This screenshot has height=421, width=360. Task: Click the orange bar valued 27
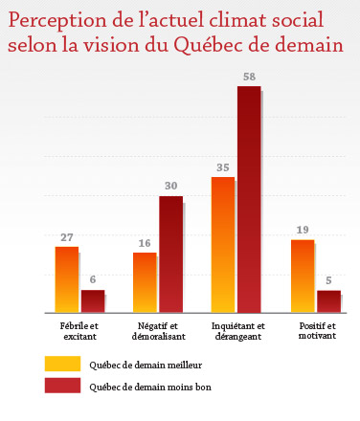tap(66, 279)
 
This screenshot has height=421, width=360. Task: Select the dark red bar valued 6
tap(92, 300)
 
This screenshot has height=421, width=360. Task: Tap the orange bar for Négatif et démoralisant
tap(145, 282)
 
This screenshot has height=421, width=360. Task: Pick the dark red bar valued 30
tap(170, 254)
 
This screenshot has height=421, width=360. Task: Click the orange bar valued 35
tap(223, 245)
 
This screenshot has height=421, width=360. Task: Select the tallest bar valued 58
tap(249, 199)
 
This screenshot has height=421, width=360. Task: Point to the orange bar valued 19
tap(302, 276)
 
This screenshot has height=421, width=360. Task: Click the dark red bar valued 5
tap(328, 301)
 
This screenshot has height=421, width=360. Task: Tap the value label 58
tap(249, 75)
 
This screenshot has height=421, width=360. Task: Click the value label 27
tap(66, 235)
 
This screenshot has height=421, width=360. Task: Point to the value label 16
tap(145, 243)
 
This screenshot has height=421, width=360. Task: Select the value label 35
tap(223, 166)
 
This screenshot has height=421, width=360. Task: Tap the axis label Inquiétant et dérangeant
tap(236, 332)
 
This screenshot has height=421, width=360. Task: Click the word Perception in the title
tap(54, 22)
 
